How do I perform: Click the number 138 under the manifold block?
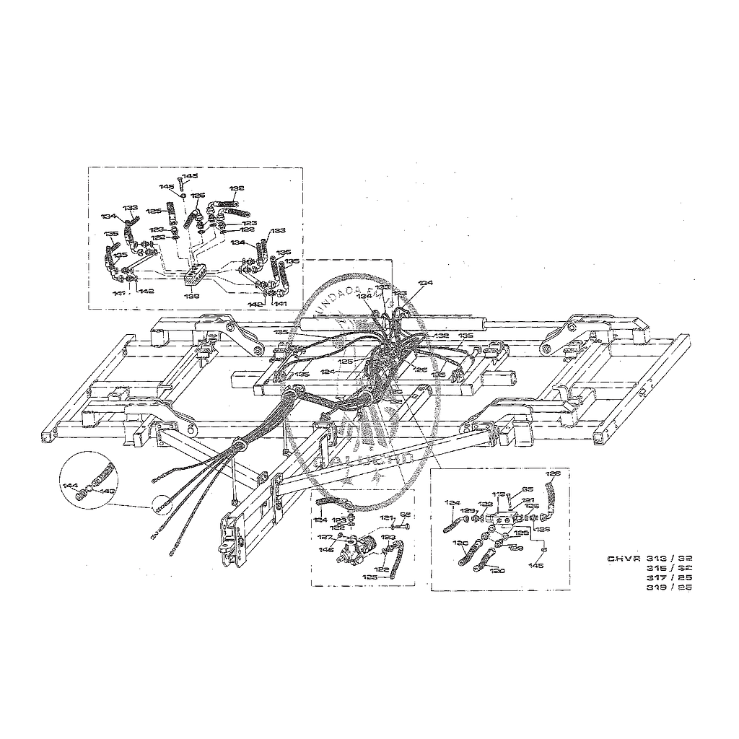[x=191, y=296]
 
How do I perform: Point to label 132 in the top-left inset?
[x=237, y=188]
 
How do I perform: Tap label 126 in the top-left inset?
[x=198, y=195]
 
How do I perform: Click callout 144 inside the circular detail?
[x=70, y=486]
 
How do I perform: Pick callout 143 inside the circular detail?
[x=108, y=491]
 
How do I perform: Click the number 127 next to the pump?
[x=325, y=537]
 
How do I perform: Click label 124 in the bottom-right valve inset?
[x=452, y=502]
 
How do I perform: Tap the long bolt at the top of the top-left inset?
[x=180, y=182]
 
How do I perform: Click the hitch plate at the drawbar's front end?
[x=232, y=538]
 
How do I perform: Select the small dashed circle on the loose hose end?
[x=158, y=503]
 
